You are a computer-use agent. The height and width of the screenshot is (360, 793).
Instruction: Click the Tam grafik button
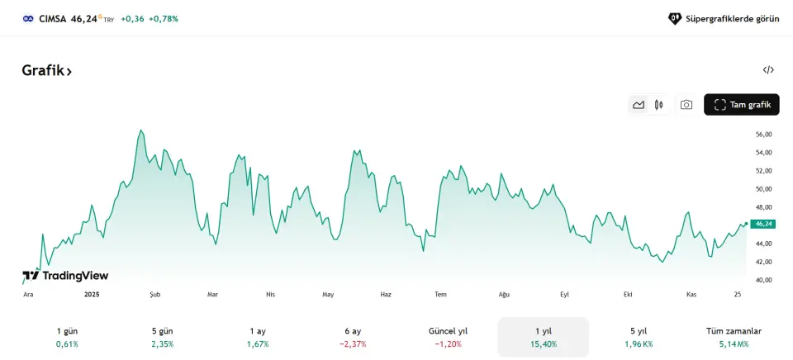pyautogui.click(x=741, y=105)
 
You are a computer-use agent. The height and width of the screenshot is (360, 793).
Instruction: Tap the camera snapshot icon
pyautogui.click(x=686, y=105)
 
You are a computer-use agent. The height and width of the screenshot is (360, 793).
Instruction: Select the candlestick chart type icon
pyautogui.click(x=658, y=105)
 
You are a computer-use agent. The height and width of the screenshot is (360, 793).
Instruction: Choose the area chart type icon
pyautogui.click(x=639, y=105)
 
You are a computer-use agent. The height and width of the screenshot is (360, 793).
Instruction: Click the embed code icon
pyautogui.click(x=768, y=70)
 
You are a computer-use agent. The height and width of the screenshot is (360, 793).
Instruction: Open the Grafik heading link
pyautogui.click(x=46, y=71)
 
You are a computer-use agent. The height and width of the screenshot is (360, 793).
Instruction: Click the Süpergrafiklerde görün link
pyautogui.click(x=724, y=18)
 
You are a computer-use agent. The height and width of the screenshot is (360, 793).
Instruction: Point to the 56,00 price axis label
pyautogui.click(x=763, y=134)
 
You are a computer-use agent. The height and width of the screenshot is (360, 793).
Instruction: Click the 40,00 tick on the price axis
pyautogui.click(x=763, y=280)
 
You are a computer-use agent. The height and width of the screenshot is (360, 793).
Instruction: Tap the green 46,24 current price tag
pyautogui.click(x=763, y=224)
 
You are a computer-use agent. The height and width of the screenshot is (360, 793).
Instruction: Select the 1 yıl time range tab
pyautogui.click(x=543, y=337)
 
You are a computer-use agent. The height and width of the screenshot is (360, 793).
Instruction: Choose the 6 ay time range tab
pyautogui.click(x=353, y=337)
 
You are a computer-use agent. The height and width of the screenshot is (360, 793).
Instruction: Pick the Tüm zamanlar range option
pyautogui.click(x=734, y=337)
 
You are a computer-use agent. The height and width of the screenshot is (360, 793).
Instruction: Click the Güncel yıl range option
pyautogui.click(x=448, y=337)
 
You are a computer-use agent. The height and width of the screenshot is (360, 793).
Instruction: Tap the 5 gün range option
pyautogui.click(x=162, y=337)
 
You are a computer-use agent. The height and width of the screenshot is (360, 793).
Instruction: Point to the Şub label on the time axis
pyautogui.click(x=154, y=295)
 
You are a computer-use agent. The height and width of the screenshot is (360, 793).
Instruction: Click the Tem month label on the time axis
pyautogui.click(x=440, y=295)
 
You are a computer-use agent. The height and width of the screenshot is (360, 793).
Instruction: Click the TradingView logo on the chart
pyautogui.click(x=65, y=276)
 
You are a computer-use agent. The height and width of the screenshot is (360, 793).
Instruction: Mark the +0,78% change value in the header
pyautogui.click(x=163, y=18)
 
